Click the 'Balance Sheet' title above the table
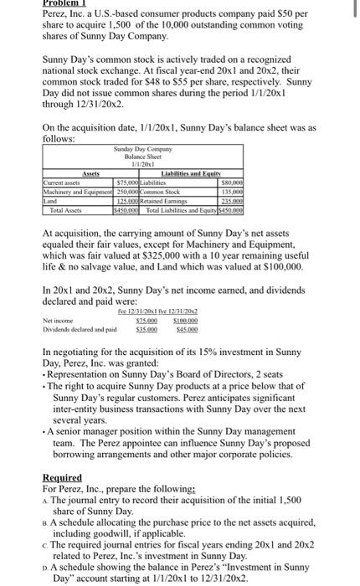139,157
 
